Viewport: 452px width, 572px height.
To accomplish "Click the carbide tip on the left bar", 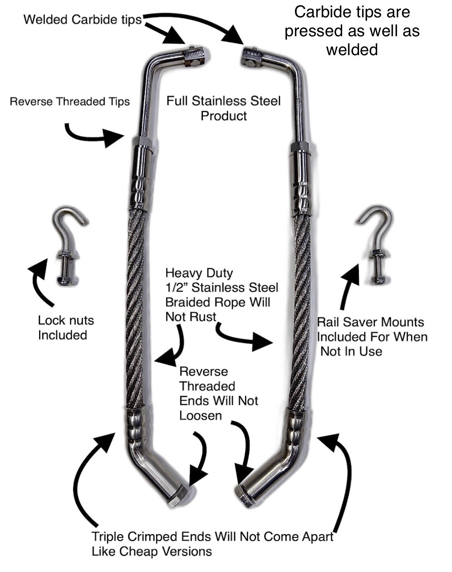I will point(195,56).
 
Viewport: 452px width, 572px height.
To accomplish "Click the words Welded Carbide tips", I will point(83,19).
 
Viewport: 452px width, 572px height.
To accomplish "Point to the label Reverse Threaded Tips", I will point(70,101).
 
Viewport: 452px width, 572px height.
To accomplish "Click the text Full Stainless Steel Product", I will point(223,108).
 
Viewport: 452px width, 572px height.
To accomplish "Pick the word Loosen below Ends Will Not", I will point(200,415).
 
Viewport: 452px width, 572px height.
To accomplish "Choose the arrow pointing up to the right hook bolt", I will point(349,286).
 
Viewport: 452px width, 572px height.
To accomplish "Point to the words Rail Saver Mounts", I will point(370,322).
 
